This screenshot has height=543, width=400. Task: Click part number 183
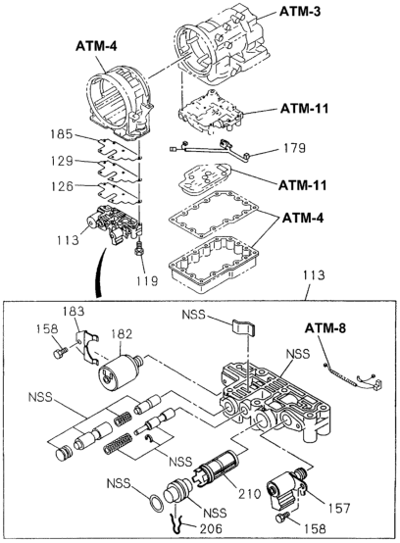click(74, 312)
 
